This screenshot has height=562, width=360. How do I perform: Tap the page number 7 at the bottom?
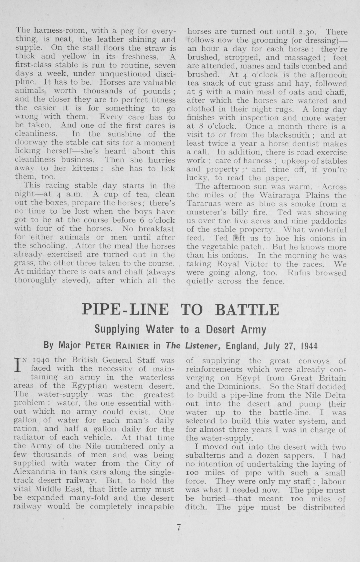tap(179, 527)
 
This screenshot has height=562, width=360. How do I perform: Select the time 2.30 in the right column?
tap(306, 32)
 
